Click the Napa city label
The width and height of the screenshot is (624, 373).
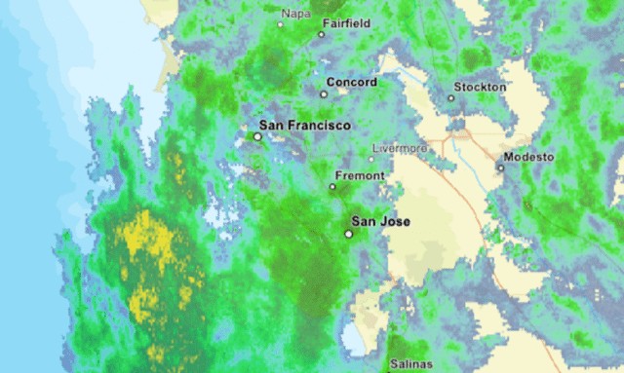(295, 13)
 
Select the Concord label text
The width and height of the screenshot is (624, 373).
(352, 83)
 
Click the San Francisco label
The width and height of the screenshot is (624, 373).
(304, 126)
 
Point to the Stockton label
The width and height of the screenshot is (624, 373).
(484, 87)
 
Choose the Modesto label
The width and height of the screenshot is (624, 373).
(528, 157)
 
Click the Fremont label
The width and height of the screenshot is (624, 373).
(360, 176)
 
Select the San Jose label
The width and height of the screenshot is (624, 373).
(380, 222)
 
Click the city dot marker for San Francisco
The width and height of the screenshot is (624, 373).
(257, 137)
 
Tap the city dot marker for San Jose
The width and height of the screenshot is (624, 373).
(348, 234)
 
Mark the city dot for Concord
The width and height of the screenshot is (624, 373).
(324, 94)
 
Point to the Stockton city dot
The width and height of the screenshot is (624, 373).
(451, 98)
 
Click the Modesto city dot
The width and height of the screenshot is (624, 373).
(500, 168)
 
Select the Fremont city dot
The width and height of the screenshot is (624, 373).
(331, 186)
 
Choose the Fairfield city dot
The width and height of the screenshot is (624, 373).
(321, 35)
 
